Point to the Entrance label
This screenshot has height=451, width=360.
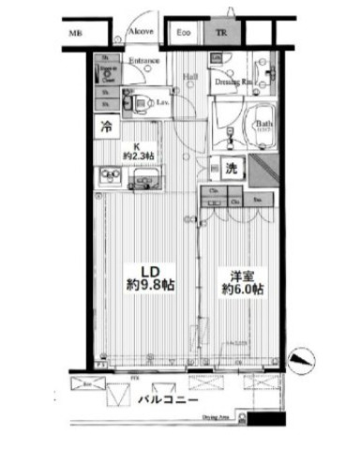(x=143, y=62)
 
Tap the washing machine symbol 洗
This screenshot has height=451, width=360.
(x=232, y=169)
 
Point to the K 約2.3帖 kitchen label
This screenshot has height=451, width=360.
(x=137, y=150)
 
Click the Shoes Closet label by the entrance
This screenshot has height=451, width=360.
(x=106, y=75)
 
